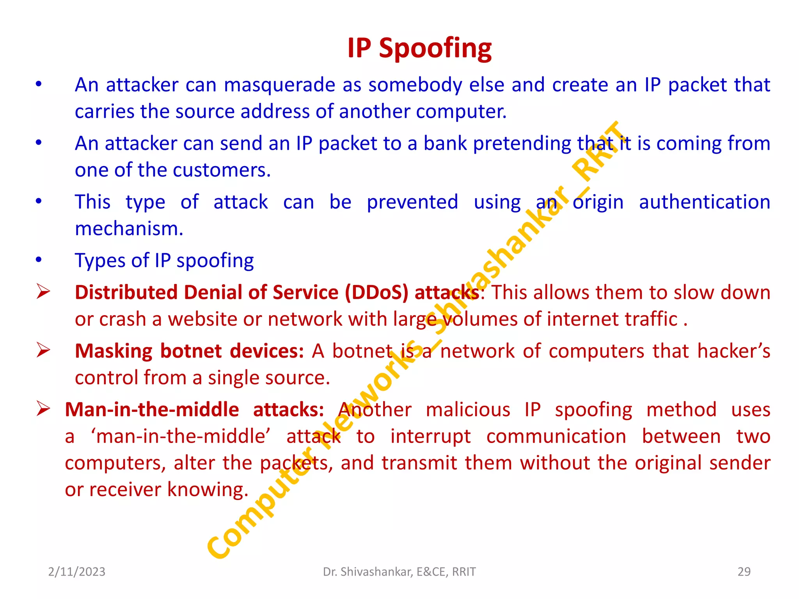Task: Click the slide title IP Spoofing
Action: pyautogui.click(x=419, y=48)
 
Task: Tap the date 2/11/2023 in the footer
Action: pyautogui.click(x=76, y=572)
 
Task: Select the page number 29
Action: pyautogui.click(x=744, y=572)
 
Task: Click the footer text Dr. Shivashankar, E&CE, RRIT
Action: pyautogui.click(x=399, y=572)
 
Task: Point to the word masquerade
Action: pyautogui.click(x=279, y=85)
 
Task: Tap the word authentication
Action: pyautogui.click(x=704, y=202)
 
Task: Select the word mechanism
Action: pyautogui.click(x=129, y=229)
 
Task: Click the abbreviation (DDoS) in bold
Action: pyautogui.click(x=376, y=292)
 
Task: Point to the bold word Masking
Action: pyautogui.click(x=114, y=351)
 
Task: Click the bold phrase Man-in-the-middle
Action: pyautogui.click(x=152, y=410)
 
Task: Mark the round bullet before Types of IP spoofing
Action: pyautogui.click(x=39, y=260)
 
